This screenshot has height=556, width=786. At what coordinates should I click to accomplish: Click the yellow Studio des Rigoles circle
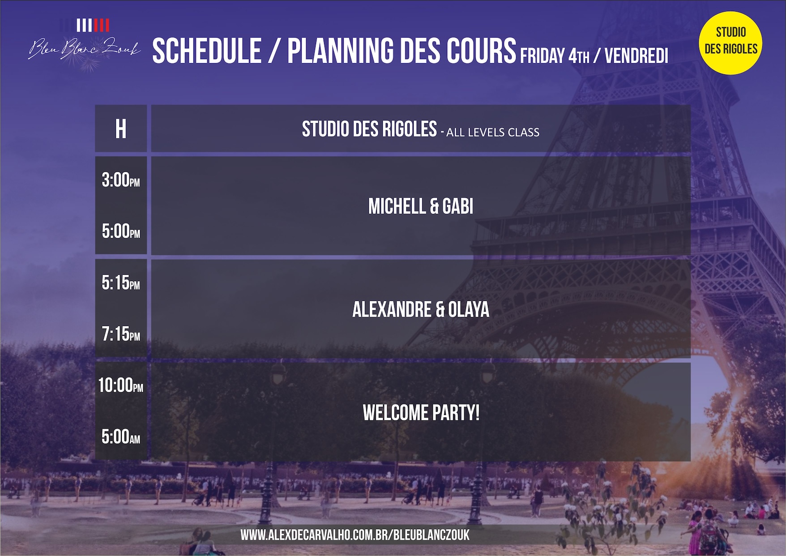click(x=730, y=43)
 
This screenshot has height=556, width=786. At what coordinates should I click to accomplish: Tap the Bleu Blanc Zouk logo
click(x=84, y=43)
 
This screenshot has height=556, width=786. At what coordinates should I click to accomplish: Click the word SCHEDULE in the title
click(x=207, y=51)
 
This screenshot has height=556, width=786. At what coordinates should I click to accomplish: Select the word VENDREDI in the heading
click(x=636, y=56)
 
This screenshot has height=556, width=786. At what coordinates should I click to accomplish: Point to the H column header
click(x=121, y=129)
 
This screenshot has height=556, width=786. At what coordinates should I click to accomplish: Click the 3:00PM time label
click(x=121, y=180)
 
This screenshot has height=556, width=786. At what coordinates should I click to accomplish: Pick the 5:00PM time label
click(x=121, y=231)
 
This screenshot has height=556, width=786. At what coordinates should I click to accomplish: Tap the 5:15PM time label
click(x=121, y=283)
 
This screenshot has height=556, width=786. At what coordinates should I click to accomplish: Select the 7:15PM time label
click(x=121, y=334)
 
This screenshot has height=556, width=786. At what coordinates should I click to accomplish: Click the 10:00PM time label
click(x=121, y=385)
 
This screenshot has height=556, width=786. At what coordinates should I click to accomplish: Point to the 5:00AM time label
click(x=121, y=437)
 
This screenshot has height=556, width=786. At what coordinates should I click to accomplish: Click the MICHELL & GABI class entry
click(x=421, y=206)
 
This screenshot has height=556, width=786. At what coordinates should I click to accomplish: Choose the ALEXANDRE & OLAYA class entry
click(x=421, y=309)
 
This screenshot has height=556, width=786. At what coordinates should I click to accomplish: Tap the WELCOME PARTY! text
click(x=421, y=413)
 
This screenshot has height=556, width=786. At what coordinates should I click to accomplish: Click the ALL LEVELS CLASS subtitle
click(x=493, y=133)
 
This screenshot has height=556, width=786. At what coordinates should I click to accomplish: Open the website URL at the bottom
click(x=355, y=535)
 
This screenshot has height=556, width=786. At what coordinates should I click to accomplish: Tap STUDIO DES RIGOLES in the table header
click(x=369, y=129)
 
